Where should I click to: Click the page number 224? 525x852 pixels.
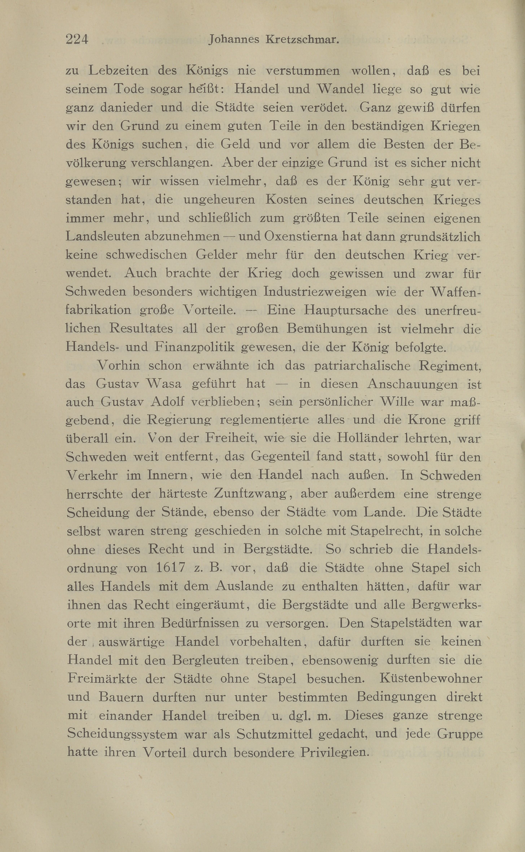77,40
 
